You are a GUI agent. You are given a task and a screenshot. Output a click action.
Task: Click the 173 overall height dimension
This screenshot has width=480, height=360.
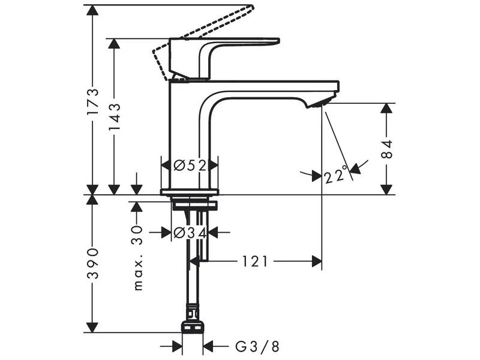click(92, 101)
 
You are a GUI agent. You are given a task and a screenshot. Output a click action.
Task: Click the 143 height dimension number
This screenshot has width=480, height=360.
click(115, 116)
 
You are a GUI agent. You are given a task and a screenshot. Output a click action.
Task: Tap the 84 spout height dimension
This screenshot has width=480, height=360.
click(387, 149)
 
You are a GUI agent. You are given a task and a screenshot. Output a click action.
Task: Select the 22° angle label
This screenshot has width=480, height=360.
click(336, 175)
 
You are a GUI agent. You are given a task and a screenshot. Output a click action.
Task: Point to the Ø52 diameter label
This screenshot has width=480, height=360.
click(190, 166)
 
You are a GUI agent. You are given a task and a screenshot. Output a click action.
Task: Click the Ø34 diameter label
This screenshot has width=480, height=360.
click(190, 233)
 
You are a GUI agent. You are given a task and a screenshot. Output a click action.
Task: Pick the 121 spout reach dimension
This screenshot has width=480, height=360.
click(255, 262)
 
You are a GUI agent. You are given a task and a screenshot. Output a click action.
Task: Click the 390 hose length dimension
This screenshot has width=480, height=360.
click(92, 263)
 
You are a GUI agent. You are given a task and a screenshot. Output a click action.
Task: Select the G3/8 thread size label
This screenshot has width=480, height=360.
click(257, 347)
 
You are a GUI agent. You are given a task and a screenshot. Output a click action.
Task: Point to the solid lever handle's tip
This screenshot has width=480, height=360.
click(278, 40)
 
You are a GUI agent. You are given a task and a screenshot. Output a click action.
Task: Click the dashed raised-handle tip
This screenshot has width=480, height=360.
click(251, 7)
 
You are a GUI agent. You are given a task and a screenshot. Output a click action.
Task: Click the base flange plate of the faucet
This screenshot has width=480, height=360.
click(190, 192)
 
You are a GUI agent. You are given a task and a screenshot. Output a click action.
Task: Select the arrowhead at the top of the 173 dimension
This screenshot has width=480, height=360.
click(92, 10)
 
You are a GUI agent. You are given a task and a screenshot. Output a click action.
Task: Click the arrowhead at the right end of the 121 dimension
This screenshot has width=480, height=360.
click(317, 262)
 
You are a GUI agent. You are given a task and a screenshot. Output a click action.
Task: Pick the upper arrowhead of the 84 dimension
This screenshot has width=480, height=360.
click(387, 109)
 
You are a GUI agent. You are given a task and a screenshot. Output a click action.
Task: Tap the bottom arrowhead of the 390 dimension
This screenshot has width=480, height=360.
click(92, 327)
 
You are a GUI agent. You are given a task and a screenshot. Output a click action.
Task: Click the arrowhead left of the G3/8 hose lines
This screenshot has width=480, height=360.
click(177, 347)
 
